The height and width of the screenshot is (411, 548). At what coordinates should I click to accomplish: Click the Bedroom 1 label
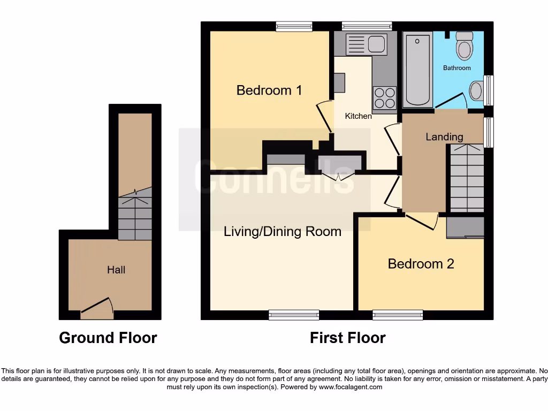pos(269,90)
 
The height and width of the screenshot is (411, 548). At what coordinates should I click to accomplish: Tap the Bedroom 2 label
pos(421,263)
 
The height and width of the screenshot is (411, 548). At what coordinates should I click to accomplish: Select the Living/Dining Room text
pos(282,232)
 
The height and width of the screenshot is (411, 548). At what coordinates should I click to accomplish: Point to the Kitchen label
pos(358,116)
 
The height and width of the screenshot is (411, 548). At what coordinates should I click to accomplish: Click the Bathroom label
pos(456,68)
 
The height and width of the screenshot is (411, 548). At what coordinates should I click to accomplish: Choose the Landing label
pos(444,137)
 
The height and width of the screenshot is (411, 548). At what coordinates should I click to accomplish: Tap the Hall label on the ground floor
pos(116,270)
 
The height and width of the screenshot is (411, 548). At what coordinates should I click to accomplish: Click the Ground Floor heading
pos(108,338)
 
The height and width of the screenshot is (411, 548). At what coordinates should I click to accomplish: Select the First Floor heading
pos(347,338)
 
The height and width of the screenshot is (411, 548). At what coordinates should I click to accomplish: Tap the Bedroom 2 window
pos(398,315)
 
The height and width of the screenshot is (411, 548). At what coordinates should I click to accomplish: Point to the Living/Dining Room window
pos(294,315)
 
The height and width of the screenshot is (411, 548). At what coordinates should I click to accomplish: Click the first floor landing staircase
pos(466,179)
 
